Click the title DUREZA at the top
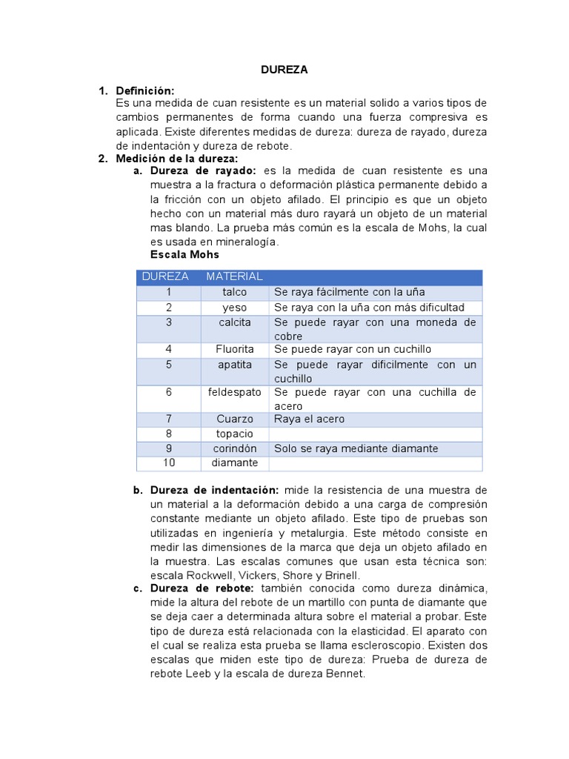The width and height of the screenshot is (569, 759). tap(284, 70)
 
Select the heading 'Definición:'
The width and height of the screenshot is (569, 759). tap(145, 90)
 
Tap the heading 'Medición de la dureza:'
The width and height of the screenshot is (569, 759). tap(177, 159)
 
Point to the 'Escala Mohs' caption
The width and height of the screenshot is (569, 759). tap(184, 254)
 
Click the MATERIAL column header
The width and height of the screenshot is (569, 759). tap(234, 276)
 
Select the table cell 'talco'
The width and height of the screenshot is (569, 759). tap(234, 292)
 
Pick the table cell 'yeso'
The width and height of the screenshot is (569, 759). tap(234, 307)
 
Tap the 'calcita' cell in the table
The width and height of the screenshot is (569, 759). tap(234, 322)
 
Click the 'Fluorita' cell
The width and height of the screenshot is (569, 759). tap(234, 349)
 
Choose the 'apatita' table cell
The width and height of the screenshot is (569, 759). tap(234, 365)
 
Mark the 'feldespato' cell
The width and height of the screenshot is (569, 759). tap(234, 392)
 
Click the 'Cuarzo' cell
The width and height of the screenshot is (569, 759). tap(234, 419)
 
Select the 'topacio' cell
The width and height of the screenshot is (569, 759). tap(234, 434)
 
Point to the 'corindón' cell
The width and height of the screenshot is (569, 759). tap(234, 448)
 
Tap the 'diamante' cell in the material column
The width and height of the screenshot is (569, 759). tap(234, 463)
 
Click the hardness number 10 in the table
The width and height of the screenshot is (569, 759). tap(169, 463)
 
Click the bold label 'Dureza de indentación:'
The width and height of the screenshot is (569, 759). tap(215, 491)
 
